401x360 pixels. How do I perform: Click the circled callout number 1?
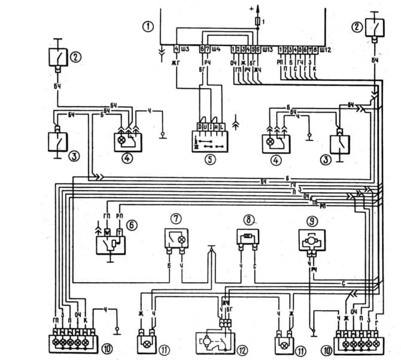pos(145,26)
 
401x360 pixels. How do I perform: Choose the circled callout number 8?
pos(247,219)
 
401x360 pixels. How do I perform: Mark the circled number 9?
pos(312,219)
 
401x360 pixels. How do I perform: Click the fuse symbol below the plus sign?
pos(259,21)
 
